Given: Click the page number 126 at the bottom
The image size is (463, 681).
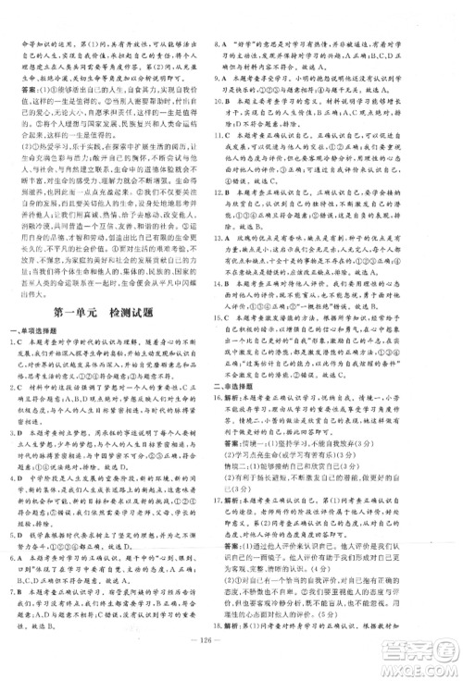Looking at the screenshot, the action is coord(231,660).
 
